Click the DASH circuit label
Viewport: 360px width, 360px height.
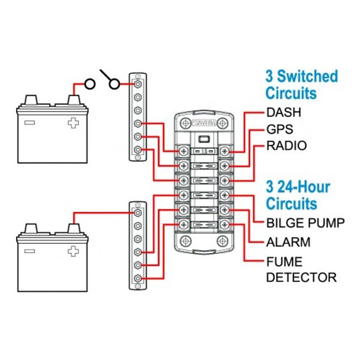point(284,112)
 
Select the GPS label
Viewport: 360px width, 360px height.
point(280,129)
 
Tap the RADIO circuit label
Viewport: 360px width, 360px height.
point(286,146)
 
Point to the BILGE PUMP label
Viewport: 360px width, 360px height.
point(305,223)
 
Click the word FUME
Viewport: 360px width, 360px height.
point(284,262)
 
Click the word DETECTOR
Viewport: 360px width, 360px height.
point(301,277)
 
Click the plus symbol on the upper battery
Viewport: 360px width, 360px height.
point(73,123)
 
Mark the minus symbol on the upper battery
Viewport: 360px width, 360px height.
point(29,123)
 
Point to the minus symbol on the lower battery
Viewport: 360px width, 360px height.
point(29,250)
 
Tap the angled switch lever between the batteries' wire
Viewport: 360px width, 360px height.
point(108,78)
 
